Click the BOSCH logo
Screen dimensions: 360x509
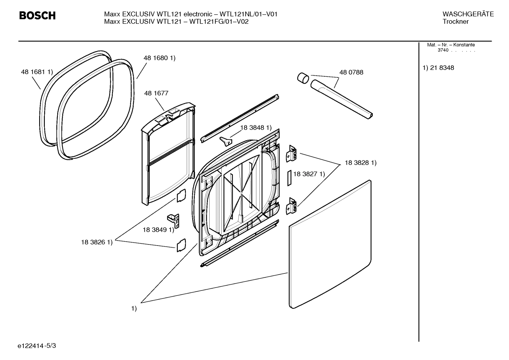click(x=37, y=16)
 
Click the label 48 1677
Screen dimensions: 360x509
click(x=156, y=93)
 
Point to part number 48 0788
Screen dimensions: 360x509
click(x=351, y=72)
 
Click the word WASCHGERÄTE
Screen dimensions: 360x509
click(x=468, y=14)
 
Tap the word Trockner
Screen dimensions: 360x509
click(x=455, y=22)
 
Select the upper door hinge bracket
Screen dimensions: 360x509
click(x=292, y=154)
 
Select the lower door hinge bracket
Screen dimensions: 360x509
click(x=292, y=206)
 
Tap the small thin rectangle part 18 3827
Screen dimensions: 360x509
click(x=289, y=178)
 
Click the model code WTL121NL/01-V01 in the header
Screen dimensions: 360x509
click(x=248, y=14)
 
